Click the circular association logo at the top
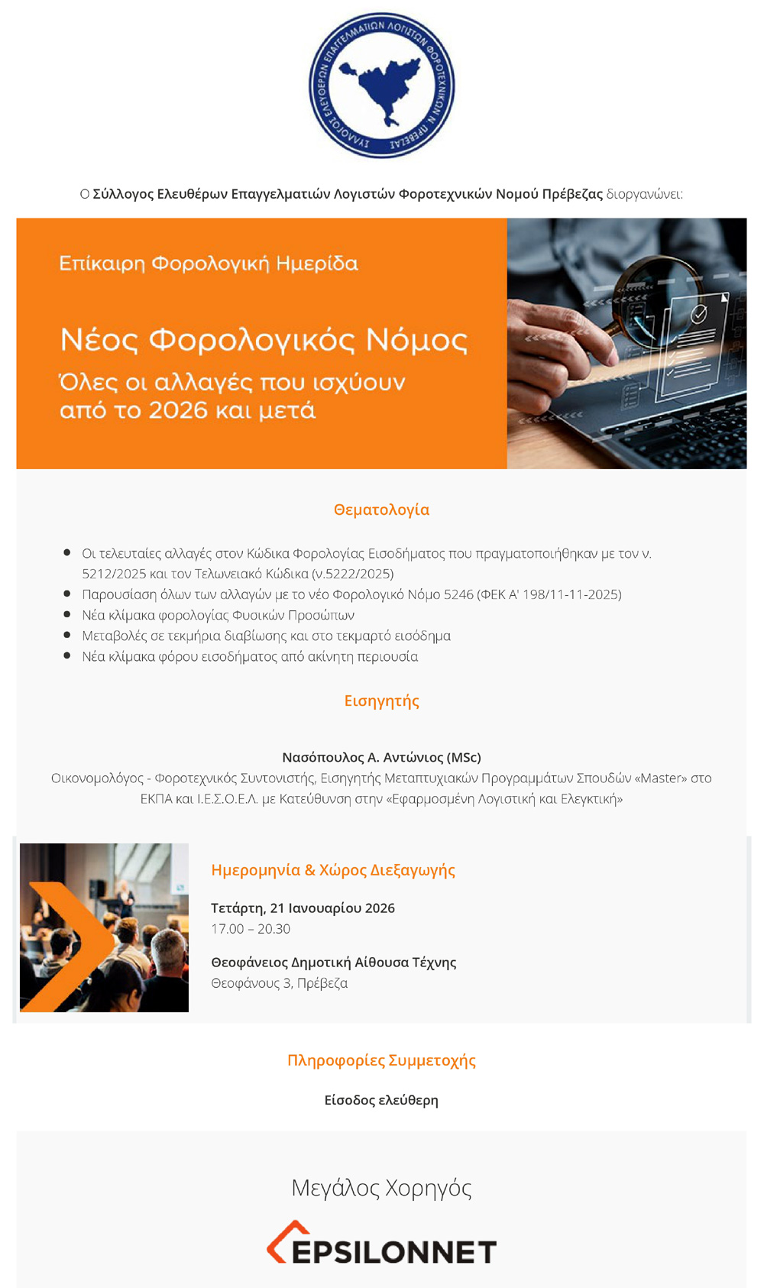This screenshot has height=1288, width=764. pyautogui.click(x=381, y=85)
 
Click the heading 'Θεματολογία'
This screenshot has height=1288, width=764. pyautogui.click(x=381, y=510)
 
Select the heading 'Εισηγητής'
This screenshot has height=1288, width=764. pyautogui.click(x=381, y=701)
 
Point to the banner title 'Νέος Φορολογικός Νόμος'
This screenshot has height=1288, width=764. pyautogui.click(x=264, y=339)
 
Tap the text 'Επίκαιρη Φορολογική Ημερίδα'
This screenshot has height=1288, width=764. pyautogui.click(x=209, y=264)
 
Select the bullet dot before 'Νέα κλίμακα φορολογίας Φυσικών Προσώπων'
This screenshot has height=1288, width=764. pyautogui.click(x=67, y=614)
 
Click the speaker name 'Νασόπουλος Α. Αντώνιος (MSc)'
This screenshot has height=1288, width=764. pyautogui.click(x=381, y=757)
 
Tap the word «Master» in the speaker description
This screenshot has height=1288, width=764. pyautogui.click(x=661, y=778)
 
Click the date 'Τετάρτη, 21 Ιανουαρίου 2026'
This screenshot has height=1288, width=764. pyautogui.click(x=303, y=908)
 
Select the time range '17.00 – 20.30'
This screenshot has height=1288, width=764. pyautogui.click(x=251, y=929)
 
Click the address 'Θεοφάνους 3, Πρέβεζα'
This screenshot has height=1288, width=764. pyautogui.click(x=279, y=983)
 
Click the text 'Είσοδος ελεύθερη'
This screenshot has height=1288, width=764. pyautogui.click(x=381, y=1100)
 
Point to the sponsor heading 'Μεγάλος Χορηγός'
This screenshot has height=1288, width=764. pyautogui.click(x=381, y=1187)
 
